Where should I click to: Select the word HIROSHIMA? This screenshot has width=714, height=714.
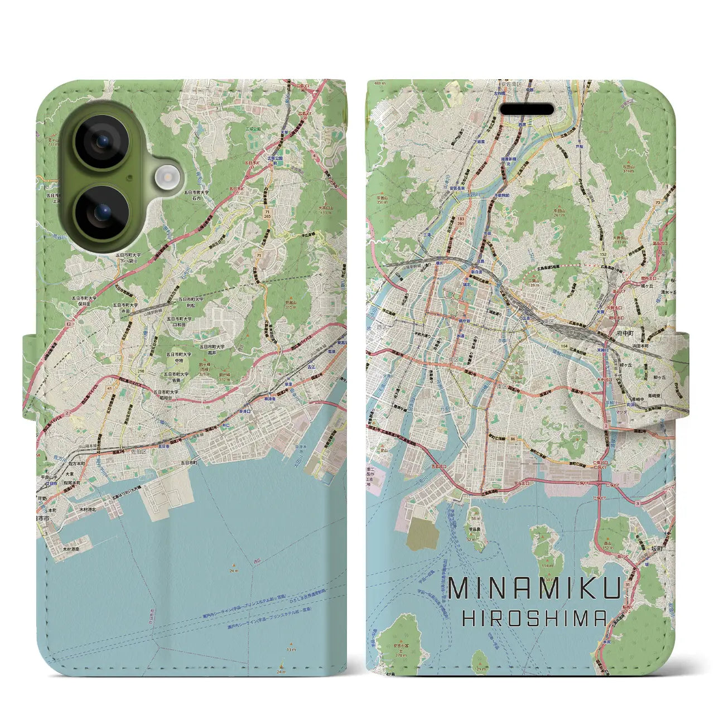point(535,617)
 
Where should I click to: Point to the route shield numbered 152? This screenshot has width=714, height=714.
point(602,254)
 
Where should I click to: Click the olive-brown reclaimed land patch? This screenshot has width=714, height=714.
point(423,534)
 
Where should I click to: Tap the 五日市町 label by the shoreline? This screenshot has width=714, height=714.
point(189,462)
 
